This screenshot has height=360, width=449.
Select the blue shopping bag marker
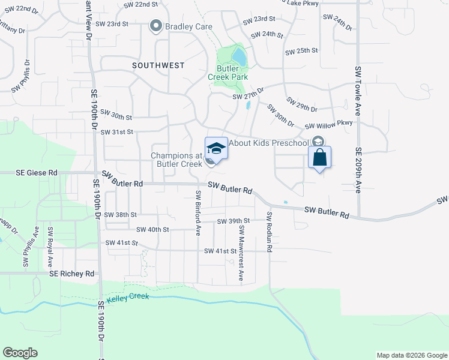[320, 158]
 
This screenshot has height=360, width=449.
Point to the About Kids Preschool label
[268, 143]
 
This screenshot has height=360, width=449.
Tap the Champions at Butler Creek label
[176, 160]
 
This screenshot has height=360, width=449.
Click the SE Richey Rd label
[72, 274]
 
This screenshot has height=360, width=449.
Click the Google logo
[20, 352]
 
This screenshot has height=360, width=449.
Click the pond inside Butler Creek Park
[239, 57]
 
